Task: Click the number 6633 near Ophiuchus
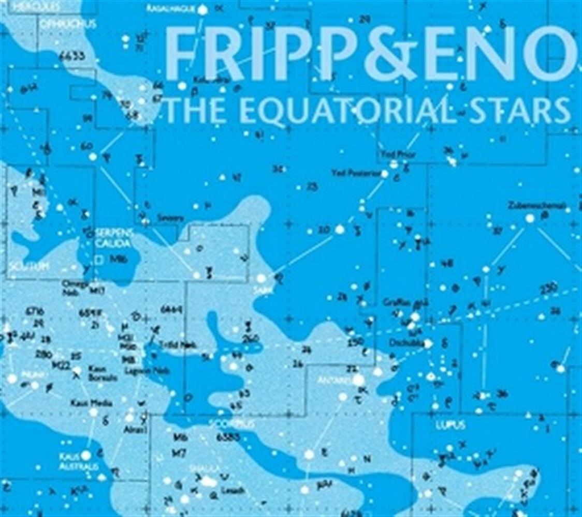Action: (x=72, y=56)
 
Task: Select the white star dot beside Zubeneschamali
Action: (x=530, y=219)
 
